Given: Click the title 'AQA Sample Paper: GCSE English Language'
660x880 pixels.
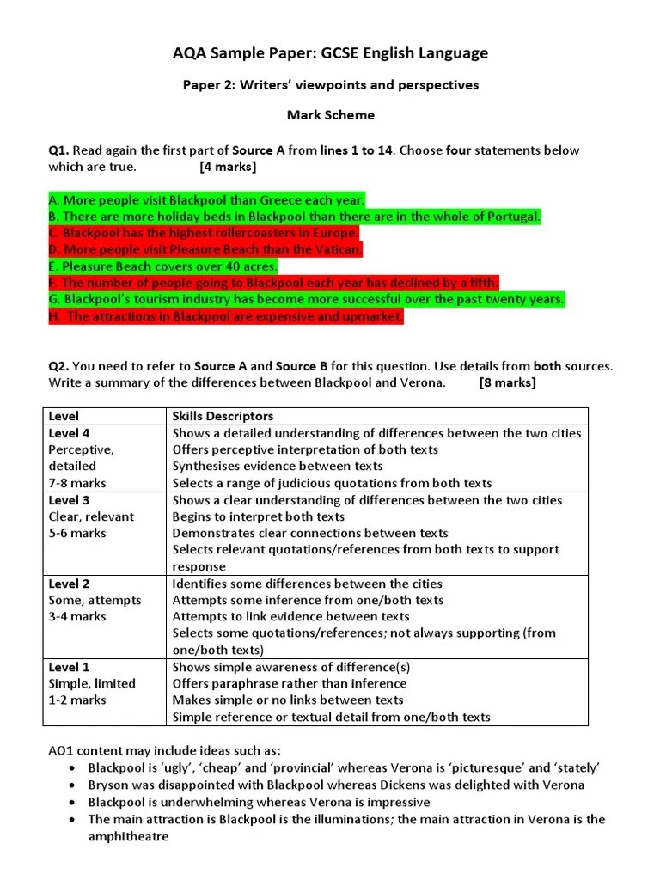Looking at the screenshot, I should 330,53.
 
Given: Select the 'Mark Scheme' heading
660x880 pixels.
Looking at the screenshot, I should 330,114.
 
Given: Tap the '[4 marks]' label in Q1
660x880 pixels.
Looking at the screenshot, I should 228,167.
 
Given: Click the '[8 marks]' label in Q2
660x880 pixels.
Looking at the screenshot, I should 507,382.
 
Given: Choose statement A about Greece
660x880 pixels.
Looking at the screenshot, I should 207,199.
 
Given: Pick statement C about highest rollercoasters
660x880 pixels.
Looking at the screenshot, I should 204,233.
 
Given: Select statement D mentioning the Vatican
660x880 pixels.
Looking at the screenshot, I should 205,249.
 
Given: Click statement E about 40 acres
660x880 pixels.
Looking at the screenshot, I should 163,266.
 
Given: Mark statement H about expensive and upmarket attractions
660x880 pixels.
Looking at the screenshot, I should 226,316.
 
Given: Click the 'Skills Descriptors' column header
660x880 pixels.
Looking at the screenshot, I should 223,417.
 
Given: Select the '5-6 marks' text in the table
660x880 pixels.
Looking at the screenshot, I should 77,533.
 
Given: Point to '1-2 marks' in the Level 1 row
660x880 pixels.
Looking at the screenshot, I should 77,700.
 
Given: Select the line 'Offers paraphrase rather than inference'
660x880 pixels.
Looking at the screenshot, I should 290,683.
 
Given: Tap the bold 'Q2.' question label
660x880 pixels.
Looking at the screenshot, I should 58,366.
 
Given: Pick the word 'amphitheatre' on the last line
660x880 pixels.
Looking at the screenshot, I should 128,835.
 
